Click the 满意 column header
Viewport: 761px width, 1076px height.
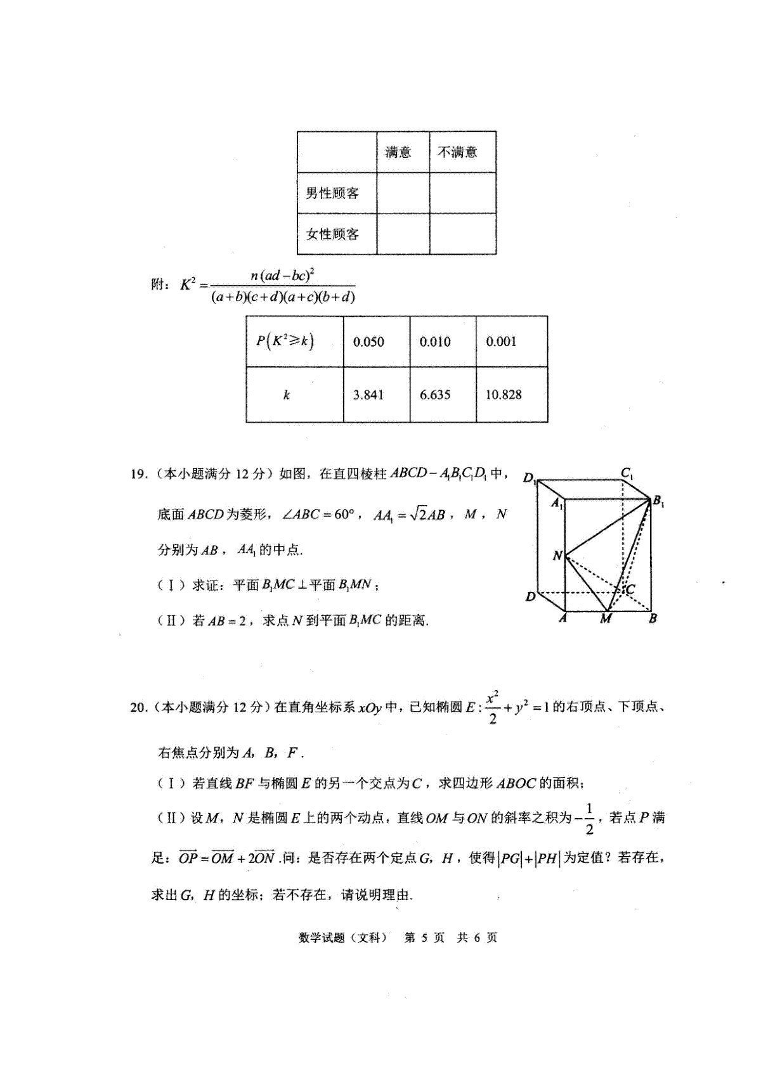(x=398, y=152)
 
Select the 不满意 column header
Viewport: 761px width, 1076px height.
(x=457, y=152)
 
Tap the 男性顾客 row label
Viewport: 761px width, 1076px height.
(x=332, y=193)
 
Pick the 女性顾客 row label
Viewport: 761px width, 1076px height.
(x=332, y=234)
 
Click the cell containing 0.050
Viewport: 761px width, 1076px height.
(x=368, y=342)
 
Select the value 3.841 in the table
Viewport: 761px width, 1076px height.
(x=368, y=395)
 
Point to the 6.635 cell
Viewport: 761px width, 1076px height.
(x=435, y=395)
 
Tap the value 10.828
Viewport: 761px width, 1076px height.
(x=504, y=395)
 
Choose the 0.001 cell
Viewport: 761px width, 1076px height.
(x=501, y=342)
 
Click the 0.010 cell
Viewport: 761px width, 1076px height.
(x=435, y=342)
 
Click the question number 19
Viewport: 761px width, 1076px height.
(x=138, y=474)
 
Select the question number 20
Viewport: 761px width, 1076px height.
(x=138, y=707)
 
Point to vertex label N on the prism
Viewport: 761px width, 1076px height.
(x=557, y=556)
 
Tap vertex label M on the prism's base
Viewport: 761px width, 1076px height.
(x=606, y=618)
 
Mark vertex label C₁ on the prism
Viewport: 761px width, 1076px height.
(x=627, y=473)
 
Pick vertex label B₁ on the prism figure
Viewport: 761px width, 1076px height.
(x=658, y=503)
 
